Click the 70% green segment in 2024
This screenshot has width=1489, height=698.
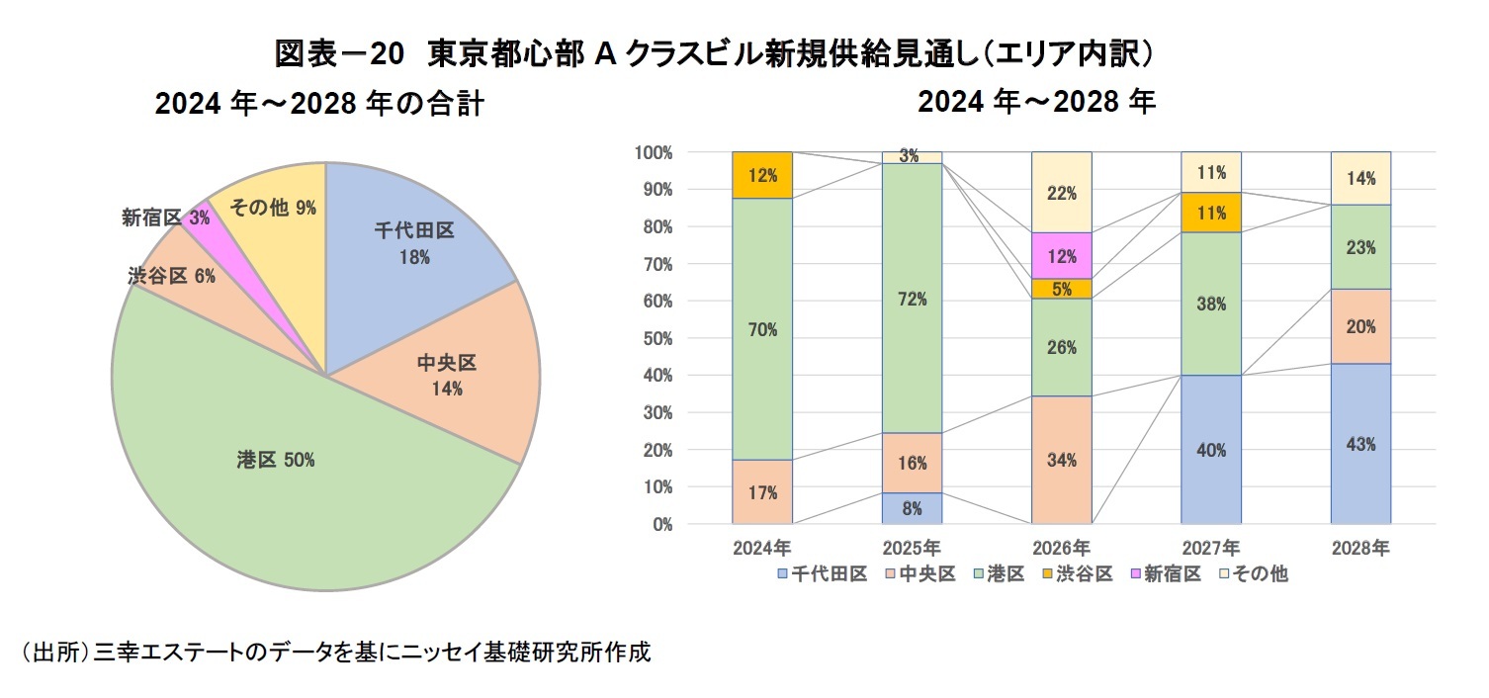762,329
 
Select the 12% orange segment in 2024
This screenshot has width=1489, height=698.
762,175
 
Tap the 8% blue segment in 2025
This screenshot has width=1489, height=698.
912,508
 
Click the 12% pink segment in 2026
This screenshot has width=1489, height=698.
1061,256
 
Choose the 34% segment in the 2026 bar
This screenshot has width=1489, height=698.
1061,460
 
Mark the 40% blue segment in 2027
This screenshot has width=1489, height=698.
1211,450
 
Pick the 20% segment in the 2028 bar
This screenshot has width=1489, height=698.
1360,326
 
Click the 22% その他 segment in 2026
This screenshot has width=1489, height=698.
1061,193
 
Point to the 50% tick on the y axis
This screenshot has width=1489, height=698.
654,338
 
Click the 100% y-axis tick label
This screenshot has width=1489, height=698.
652,152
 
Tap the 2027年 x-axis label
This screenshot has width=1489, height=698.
1211,547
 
